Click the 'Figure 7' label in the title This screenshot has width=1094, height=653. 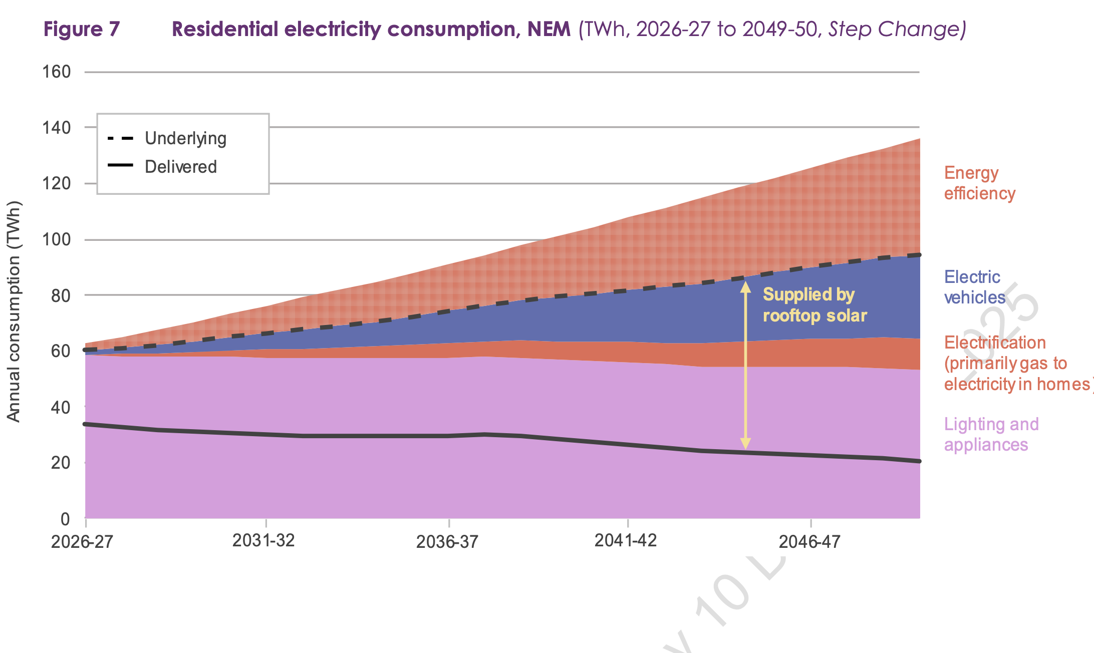point(82,29)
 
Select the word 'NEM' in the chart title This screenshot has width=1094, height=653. point(549,29)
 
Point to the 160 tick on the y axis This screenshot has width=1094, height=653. point(57,72)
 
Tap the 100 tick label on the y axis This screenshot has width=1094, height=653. point(57,239)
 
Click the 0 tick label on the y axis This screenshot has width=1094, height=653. point(65,519)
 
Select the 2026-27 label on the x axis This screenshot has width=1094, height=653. point(82,542)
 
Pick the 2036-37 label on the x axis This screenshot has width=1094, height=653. point(447,542)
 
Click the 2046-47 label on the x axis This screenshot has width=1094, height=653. point(809,542)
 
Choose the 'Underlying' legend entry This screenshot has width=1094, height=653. point(185,138)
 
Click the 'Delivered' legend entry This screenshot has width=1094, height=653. point(180,167)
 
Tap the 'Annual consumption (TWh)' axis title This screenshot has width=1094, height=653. point(14,311)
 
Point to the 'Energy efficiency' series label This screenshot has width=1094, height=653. point(979,183)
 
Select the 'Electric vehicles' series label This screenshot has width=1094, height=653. point(974,287)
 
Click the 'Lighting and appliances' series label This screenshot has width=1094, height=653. point(991,434)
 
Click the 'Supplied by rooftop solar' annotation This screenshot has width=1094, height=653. point(814,305)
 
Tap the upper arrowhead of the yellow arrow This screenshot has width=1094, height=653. point(745,287)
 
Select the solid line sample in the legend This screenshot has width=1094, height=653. point(120,165)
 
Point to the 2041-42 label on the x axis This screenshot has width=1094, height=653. point(625,541)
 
